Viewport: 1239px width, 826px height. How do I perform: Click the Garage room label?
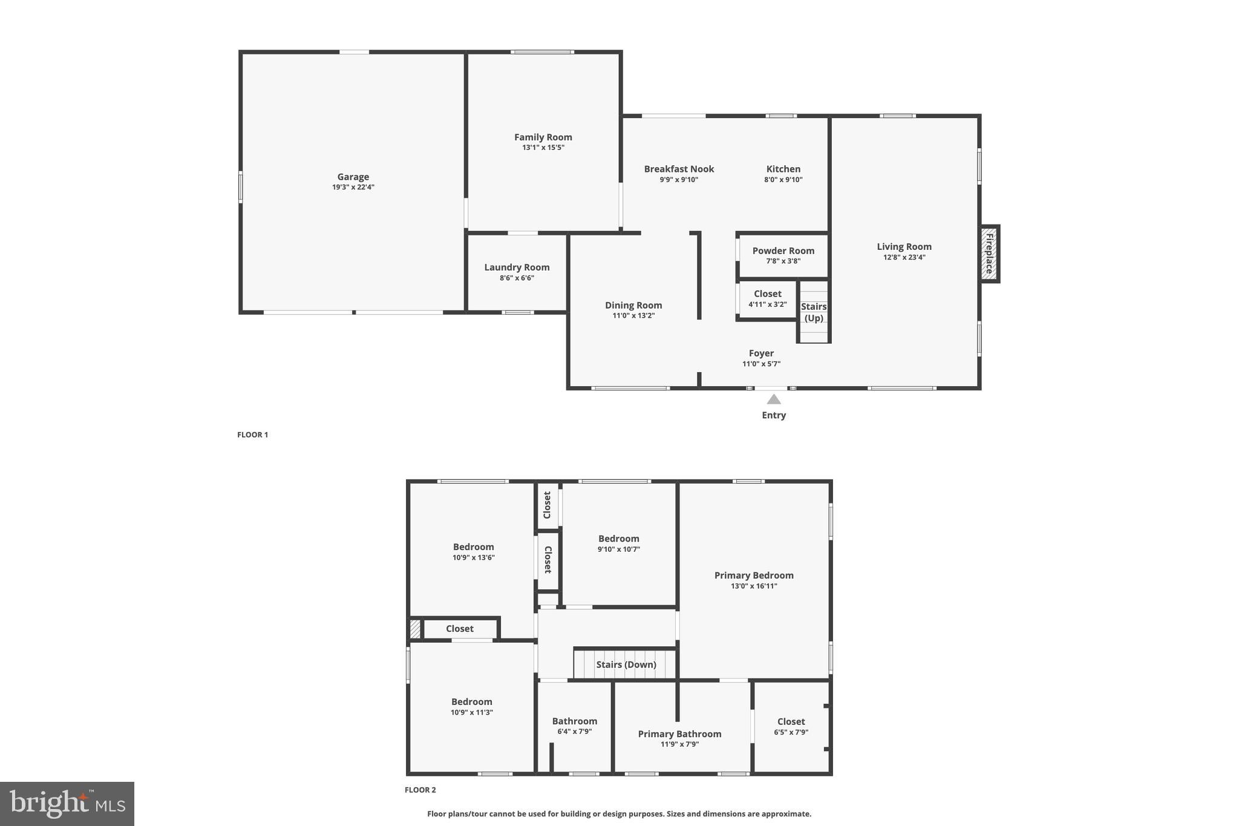pyautogui.click(x=353, y=177)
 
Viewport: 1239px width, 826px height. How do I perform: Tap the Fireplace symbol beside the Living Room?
pyautogui.click(x=989, y=254)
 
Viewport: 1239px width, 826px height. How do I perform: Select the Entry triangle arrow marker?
pyautogui.click(x=774, y=399)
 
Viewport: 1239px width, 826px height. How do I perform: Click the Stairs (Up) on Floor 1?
pyautogui.click(x=814, y=312)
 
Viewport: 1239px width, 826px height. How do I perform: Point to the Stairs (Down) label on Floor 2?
pyautogui.click(x=626, y=664)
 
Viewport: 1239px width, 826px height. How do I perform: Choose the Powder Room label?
pyautogui.click(x=783, y=251)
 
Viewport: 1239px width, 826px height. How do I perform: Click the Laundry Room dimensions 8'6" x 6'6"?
pyautogui.click(x=517, y=278)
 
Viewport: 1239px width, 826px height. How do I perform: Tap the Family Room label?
pyautogui.click(x=543, y=137)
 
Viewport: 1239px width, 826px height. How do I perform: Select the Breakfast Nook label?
pyautogui.click(x=679, y=169)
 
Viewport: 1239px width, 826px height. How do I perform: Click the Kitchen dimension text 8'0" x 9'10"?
pyautogui.click(x=783, y=180)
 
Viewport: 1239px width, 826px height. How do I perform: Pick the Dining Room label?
pyautogui.click(x=633, y=306)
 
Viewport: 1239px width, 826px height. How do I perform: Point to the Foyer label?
pyautogui.click(x=761, y=353)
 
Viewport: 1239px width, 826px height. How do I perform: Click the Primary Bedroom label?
pyautogui.click(x=754, y=575)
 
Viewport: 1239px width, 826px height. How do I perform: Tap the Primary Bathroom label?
pyautogui.click(x=679, y=734)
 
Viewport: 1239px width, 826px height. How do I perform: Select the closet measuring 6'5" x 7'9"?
pyautogui.click(x=791, y=726)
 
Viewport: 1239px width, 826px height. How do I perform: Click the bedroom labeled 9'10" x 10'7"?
pyautogui.click(x=618, y=543)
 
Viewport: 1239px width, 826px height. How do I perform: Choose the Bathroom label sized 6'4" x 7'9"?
pyautogui.click(x=574, y=721)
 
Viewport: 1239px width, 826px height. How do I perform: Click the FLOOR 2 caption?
pyautogui.click(x=420, y=790)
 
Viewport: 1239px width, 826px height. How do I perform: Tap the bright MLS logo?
pyautogui.click(x=67, y=804)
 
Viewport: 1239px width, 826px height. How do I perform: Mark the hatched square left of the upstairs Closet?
pyautogui.click(x=415, y=629)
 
